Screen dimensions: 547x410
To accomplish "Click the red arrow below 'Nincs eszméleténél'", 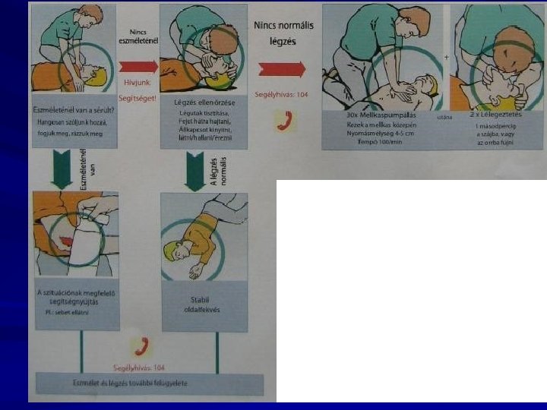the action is click(x=138, y=67).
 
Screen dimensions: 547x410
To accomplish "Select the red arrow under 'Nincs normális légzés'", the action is click(x=281, y=69).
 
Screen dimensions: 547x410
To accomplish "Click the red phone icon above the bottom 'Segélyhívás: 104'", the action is click(x=141, y=345).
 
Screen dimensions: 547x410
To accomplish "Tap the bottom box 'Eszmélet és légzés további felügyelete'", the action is click(x=149, y=383).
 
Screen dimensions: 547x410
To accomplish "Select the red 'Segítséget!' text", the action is click(x=138, y=99).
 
